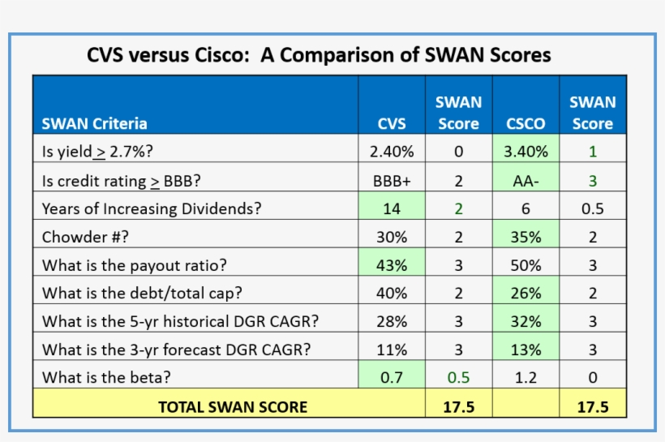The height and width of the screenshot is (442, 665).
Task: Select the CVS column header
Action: [x=392, y=124]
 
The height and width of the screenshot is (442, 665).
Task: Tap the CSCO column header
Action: [x=526, y=124]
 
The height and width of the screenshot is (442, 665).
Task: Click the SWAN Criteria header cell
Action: [x=95, y=124]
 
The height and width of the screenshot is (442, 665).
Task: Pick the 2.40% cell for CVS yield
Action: [x=392, y=151]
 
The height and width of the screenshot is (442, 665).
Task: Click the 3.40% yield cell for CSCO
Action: [x=526, y=151]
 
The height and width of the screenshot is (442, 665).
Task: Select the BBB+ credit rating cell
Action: [x=392, y=180]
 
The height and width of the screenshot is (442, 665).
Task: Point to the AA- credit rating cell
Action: [x=526, y=180]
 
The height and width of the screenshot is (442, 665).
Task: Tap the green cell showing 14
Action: [x=392, y=208]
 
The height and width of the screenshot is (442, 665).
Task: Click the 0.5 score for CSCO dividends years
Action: [x=592, y=208]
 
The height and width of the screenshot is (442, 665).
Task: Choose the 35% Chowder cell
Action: [x=526, y=237]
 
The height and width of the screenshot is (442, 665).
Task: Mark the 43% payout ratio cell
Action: [x=392, y=264]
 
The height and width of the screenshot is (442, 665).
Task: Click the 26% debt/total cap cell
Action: [x=526, y=293]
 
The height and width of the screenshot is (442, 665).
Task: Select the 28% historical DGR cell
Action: [x=392, y=321]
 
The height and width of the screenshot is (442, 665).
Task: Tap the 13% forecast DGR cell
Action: [x=526, y=350]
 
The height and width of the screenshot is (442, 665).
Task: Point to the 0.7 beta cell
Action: [x=392, y=377]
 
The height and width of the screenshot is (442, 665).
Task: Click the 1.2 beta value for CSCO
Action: [x=526, y=377]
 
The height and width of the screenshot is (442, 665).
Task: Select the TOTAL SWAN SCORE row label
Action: [x=233, y=406]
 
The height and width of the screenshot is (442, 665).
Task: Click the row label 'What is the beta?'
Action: [x=106, y=377]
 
